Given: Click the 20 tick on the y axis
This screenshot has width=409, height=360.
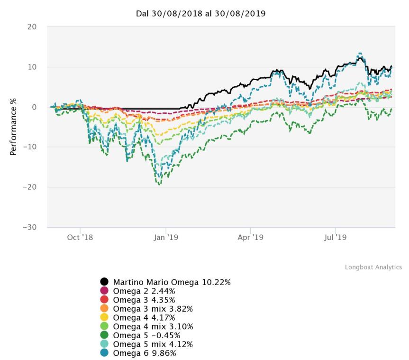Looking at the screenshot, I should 32,27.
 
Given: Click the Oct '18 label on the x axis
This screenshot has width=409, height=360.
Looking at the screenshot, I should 80,237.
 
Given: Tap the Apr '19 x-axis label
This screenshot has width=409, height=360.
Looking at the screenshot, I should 250,237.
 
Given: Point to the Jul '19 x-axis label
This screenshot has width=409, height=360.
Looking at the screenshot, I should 335,237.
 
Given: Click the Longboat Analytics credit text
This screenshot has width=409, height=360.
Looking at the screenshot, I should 373,268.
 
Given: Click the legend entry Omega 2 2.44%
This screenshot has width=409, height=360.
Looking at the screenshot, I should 144,291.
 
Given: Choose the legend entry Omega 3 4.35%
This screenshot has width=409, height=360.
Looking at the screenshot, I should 144,300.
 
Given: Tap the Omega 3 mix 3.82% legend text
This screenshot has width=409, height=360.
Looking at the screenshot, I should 153,309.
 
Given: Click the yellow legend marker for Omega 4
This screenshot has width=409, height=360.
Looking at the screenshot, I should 105,318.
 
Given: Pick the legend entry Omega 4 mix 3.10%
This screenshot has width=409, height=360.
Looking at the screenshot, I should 153,326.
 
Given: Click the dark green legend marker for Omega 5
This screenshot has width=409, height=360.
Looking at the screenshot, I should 105,335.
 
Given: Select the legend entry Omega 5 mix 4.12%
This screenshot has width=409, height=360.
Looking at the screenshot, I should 153,344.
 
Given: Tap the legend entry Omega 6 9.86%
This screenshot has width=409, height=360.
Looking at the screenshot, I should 144,353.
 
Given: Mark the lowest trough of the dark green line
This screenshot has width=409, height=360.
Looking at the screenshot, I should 159,184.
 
